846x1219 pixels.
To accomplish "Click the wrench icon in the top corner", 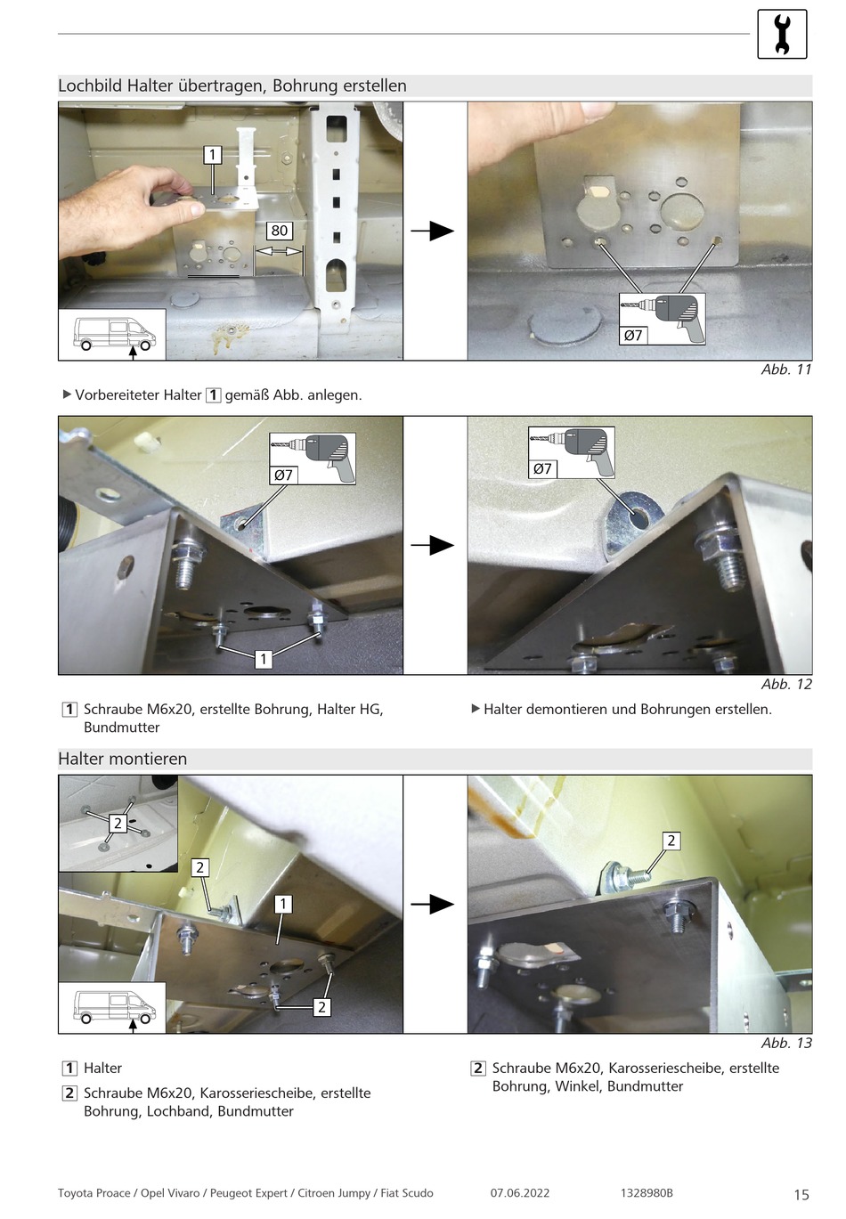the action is pyautogui.click(x=782, y=35).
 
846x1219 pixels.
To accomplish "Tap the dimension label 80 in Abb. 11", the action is pyautogui.click(x=280, y=231).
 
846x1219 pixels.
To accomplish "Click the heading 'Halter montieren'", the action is pyautogui.click(x=123, y=759).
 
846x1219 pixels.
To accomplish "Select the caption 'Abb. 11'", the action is pyautogui.click(x=786, y=370).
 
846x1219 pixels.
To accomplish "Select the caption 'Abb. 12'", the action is pyautogui.click(x=786, y=684).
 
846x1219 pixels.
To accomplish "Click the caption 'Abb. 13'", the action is pyautogui.click(x=786, y=1043).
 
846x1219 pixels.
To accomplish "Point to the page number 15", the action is pyautogui.click(x=801, y=1194).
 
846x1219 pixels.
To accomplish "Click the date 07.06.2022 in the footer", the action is pyautogui.click(x=520, y=1193).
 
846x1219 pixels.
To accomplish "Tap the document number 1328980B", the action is pyautogui.click(x=647, y=1193).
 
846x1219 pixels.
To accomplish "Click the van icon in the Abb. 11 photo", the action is pyautogui.click(x=113, y=335).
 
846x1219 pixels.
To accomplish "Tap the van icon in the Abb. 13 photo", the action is pyautogui.click(x=113, y=1007).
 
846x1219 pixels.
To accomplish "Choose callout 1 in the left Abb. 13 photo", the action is pyautogui.click(x=283, y=904).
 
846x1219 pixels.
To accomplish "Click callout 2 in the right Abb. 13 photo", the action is pyautogui.click(x=671, y=841).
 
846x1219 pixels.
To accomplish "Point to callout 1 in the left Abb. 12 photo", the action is pyautogui.click(x=264, y=659).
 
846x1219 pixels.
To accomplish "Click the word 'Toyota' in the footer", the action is pyautogui.click(x=76, y=1193).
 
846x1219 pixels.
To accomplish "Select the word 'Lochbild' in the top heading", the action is pyautogui.click(x=90, y=85).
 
